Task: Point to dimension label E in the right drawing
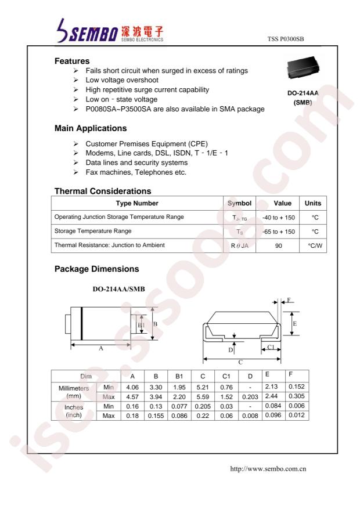295,324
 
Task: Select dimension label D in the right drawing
231,350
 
